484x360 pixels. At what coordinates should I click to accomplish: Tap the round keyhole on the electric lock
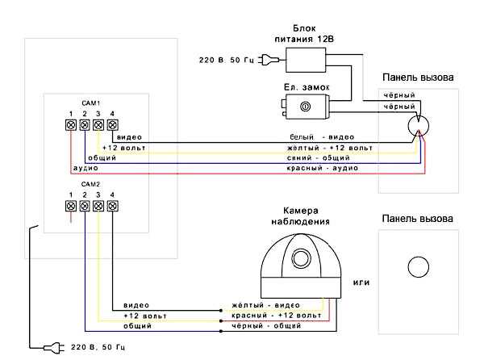click(x=305, y=107)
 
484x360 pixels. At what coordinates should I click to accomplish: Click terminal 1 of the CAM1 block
click(x=71, y=125)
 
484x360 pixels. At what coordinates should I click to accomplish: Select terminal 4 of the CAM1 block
click(x=112, y=125)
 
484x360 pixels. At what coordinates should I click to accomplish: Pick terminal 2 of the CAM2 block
click(x=85, y=206)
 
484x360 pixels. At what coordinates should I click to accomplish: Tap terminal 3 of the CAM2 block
click(x=98, y=206)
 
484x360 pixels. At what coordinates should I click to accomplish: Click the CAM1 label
click(x=91, y=103)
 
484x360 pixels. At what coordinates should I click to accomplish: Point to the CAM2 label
click(x=91, y=184)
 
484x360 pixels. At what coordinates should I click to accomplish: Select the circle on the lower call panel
click(x=418, y=266)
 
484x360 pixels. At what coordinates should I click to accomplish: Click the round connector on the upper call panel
click(x=418, y=125)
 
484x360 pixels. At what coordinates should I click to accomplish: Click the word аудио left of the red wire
click(x=85, y=169)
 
